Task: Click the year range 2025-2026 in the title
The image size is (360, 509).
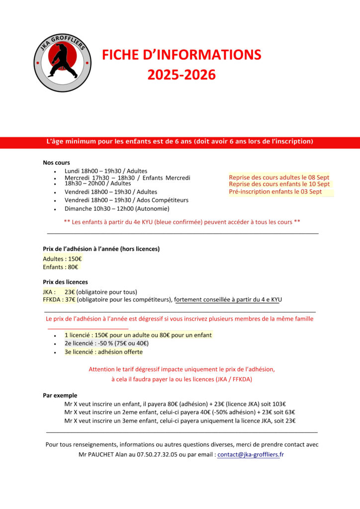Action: [x=181, y=75]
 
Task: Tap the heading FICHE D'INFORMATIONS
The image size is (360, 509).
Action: [x=181, y=55]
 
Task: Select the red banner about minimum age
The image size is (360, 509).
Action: [x=180, y=142]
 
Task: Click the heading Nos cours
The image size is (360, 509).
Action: [x=56, y=163]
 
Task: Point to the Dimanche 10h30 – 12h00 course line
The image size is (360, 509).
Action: [x=117, y=209]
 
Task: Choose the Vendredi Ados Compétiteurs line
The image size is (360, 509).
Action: [x=126, y=200]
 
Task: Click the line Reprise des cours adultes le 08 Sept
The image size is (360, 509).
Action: [x=279, y=177]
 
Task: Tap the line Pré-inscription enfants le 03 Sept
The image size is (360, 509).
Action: [x=275, y=192]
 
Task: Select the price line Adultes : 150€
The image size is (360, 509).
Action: [x=63, y=259]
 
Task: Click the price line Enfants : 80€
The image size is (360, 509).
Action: [x=61, y=267]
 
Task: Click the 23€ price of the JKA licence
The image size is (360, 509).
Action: [x=70, y=292]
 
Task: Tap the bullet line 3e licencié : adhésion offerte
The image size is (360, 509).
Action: [x=103, y=352]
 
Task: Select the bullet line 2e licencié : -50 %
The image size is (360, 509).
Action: [x=106, y=343]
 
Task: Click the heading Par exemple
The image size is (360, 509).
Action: [x=60, y=395]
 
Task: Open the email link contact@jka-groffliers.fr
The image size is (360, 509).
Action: [x=250, y=454]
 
